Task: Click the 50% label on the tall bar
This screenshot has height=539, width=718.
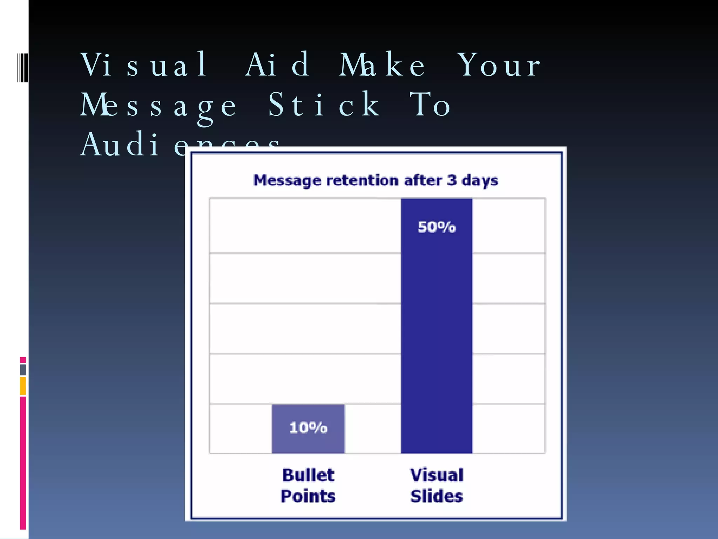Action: click(x=436, y=227)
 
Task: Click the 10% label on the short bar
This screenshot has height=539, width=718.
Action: click(x=308, y=428)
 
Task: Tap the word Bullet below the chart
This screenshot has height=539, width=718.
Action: click(x=308, y=475)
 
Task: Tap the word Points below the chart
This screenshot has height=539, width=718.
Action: click(x=308, y=496)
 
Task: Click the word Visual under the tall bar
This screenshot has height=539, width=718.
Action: click(x=436, y=475)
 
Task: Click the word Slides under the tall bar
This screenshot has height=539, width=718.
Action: click(x=436, y=496)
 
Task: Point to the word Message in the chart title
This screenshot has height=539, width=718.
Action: click(x=287, y=181)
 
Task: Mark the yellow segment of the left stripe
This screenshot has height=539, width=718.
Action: click(x=23, y=386)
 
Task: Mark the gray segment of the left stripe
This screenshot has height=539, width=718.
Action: click(x=23, y=370)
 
